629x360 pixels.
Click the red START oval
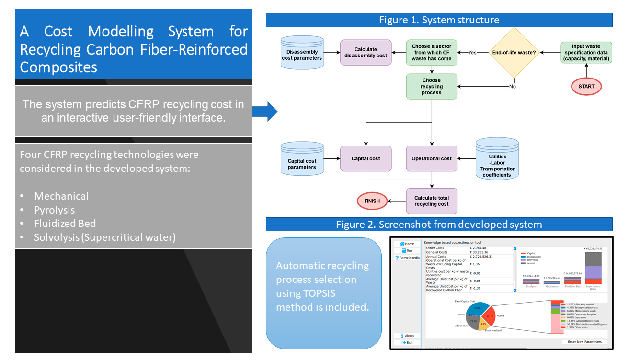point(586,87)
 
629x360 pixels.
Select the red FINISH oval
point(371,201)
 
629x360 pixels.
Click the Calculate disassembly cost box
point(366,52)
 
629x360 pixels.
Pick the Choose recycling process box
point(431,87)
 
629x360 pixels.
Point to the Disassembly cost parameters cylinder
point(301,53)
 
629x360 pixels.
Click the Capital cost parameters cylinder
point(301,159)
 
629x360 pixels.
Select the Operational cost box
point(432,159)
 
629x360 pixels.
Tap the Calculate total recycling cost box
point(432,201)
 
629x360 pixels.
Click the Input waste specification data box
point(586,53)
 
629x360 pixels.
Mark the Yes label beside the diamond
point(472,53)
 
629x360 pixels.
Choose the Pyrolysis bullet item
point(54,210)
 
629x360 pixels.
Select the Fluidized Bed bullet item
point(65,224)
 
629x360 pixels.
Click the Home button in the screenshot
point(407,244)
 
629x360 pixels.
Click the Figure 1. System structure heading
point(439,20)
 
